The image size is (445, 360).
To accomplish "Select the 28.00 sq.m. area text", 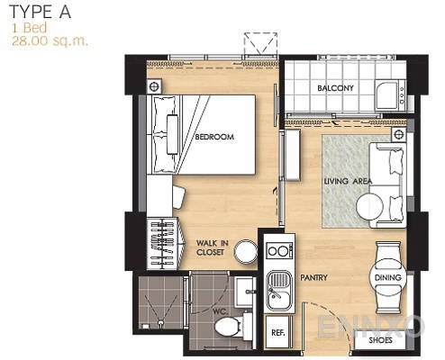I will click(x=50, y=40).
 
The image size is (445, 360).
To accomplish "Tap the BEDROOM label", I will click(x=214, y=137).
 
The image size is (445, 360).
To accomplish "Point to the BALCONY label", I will click(x=336, y=88).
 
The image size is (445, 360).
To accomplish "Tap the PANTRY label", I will click(x=313, y=278).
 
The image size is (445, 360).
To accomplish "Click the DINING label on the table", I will click(x=386, y=278).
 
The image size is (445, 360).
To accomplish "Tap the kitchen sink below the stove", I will click(x=279, y=287).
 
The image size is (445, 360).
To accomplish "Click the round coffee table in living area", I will click(x=370, y=208).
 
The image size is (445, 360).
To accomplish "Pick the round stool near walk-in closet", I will click(x=245, y=254).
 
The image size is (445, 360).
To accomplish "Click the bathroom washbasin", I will click(x=243, y=290).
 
